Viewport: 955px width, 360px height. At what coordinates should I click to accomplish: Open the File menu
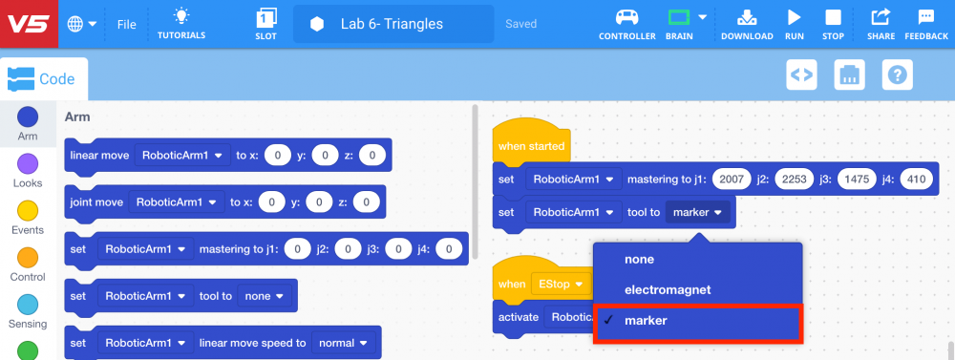point(126,24)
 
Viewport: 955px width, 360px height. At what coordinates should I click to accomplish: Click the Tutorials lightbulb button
point(181,24)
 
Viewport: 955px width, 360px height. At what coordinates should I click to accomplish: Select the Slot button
point(266,24)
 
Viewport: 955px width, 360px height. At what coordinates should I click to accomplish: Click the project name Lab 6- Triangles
point(392,24)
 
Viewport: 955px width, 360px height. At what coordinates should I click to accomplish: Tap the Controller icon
point(626,23)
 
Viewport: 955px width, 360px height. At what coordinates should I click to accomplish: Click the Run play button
point(794,23)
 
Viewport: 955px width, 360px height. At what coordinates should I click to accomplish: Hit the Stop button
point(833,23)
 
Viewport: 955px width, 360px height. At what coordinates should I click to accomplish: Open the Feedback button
point(925,23)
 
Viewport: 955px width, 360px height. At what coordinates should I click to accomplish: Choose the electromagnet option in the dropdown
point(668,289)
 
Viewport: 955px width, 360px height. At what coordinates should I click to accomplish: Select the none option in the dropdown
point(640,259)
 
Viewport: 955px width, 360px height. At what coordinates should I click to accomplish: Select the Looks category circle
point(28,163)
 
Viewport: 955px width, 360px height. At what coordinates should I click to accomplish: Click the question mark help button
point(898,74)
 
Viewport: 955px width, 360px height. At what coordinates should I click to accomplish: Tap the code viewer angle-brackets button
point(800,74)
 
